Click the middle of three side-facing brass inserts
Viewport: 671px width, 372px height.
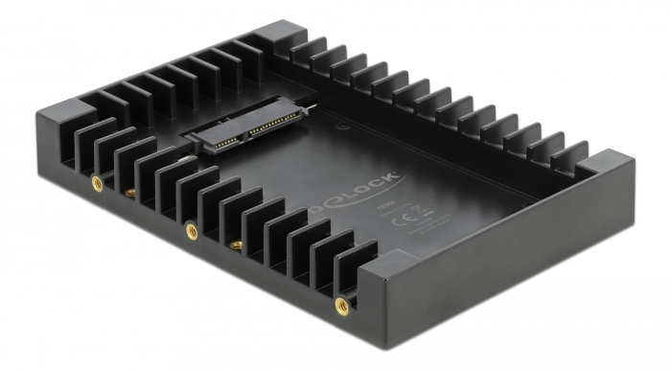click(x=190, y=228)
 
